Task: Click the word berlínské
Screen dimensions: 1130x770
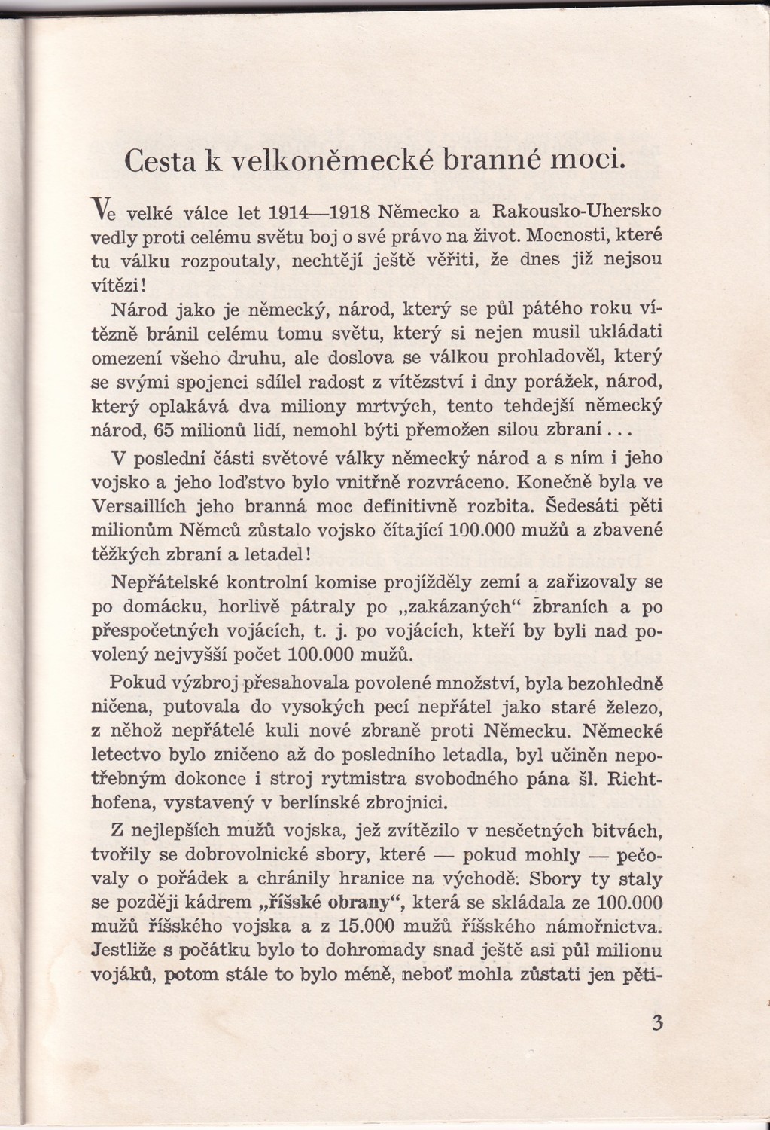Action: click(311, 803)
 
